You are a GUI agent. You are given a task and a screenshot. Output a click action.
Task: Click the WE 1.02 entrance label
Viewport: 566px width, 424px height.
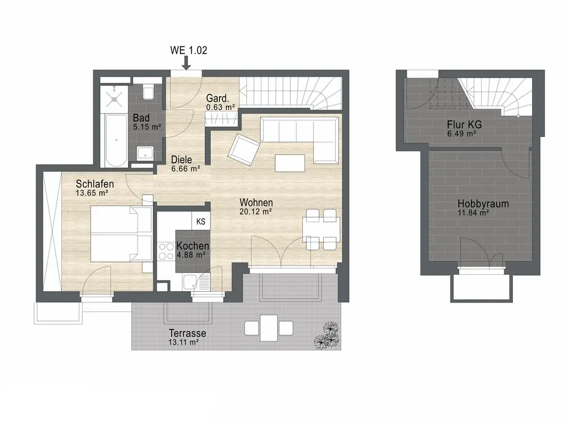(188, 50)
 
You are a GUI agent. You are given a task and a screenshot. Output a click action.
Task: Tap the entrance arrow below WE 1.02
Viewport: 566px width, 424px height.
(186, 63)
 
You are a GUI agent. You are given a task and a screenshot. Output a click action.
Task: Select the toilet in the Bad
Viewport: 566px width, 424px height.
(148, 92)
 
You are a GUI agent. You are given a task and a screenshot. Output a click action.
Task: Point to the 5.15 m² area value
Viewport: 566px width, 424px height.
(147, 127)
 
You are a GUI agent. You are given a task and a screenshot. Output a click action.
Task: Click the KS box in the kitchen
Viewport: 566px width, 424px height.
(201, 222)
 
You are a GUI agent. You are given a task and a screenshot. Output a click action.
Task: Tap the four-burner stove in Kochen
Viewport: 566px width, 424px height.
(166, 252)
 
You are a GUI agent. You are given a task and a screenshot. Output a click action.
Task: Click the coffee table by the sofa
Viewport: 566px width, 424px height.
(290, 163)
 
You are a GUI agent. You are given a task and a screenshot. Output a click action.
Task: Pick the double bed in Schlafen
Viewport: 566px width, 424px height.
(121, 233)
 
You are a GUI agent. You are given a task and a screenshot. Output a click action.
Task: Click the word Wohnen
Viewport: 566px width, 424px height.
(256, 202)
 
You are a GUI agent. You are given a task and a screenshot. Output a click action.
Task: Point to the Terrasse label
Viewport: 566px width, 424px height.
(187, 333)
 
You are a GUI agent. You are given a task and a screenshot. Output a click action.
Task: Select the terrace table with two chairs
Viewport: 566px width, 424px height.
(269, 328)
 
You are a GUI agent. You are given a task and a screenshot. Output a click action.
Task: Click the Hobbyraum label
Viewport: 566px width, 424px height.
(483, 204)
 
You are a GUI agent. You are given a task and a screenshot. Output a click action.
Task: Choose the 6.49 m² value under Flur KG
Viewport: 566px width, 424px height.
(461, 134)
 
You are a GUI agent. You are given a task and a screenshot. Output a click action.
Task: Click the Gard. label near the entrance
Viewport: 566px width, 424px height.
(218, 98)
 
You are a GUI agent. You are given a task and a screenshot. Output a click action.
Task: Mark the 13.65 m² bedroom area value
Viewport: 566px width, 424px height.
(92, 193)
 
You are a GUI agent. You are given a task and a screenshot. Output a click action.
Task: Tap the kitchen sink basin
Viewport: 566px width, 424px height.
(190, 282)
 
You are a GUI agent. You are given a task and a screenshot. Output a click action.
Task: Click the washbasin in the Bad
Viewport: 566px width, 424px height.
(145, 154)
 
